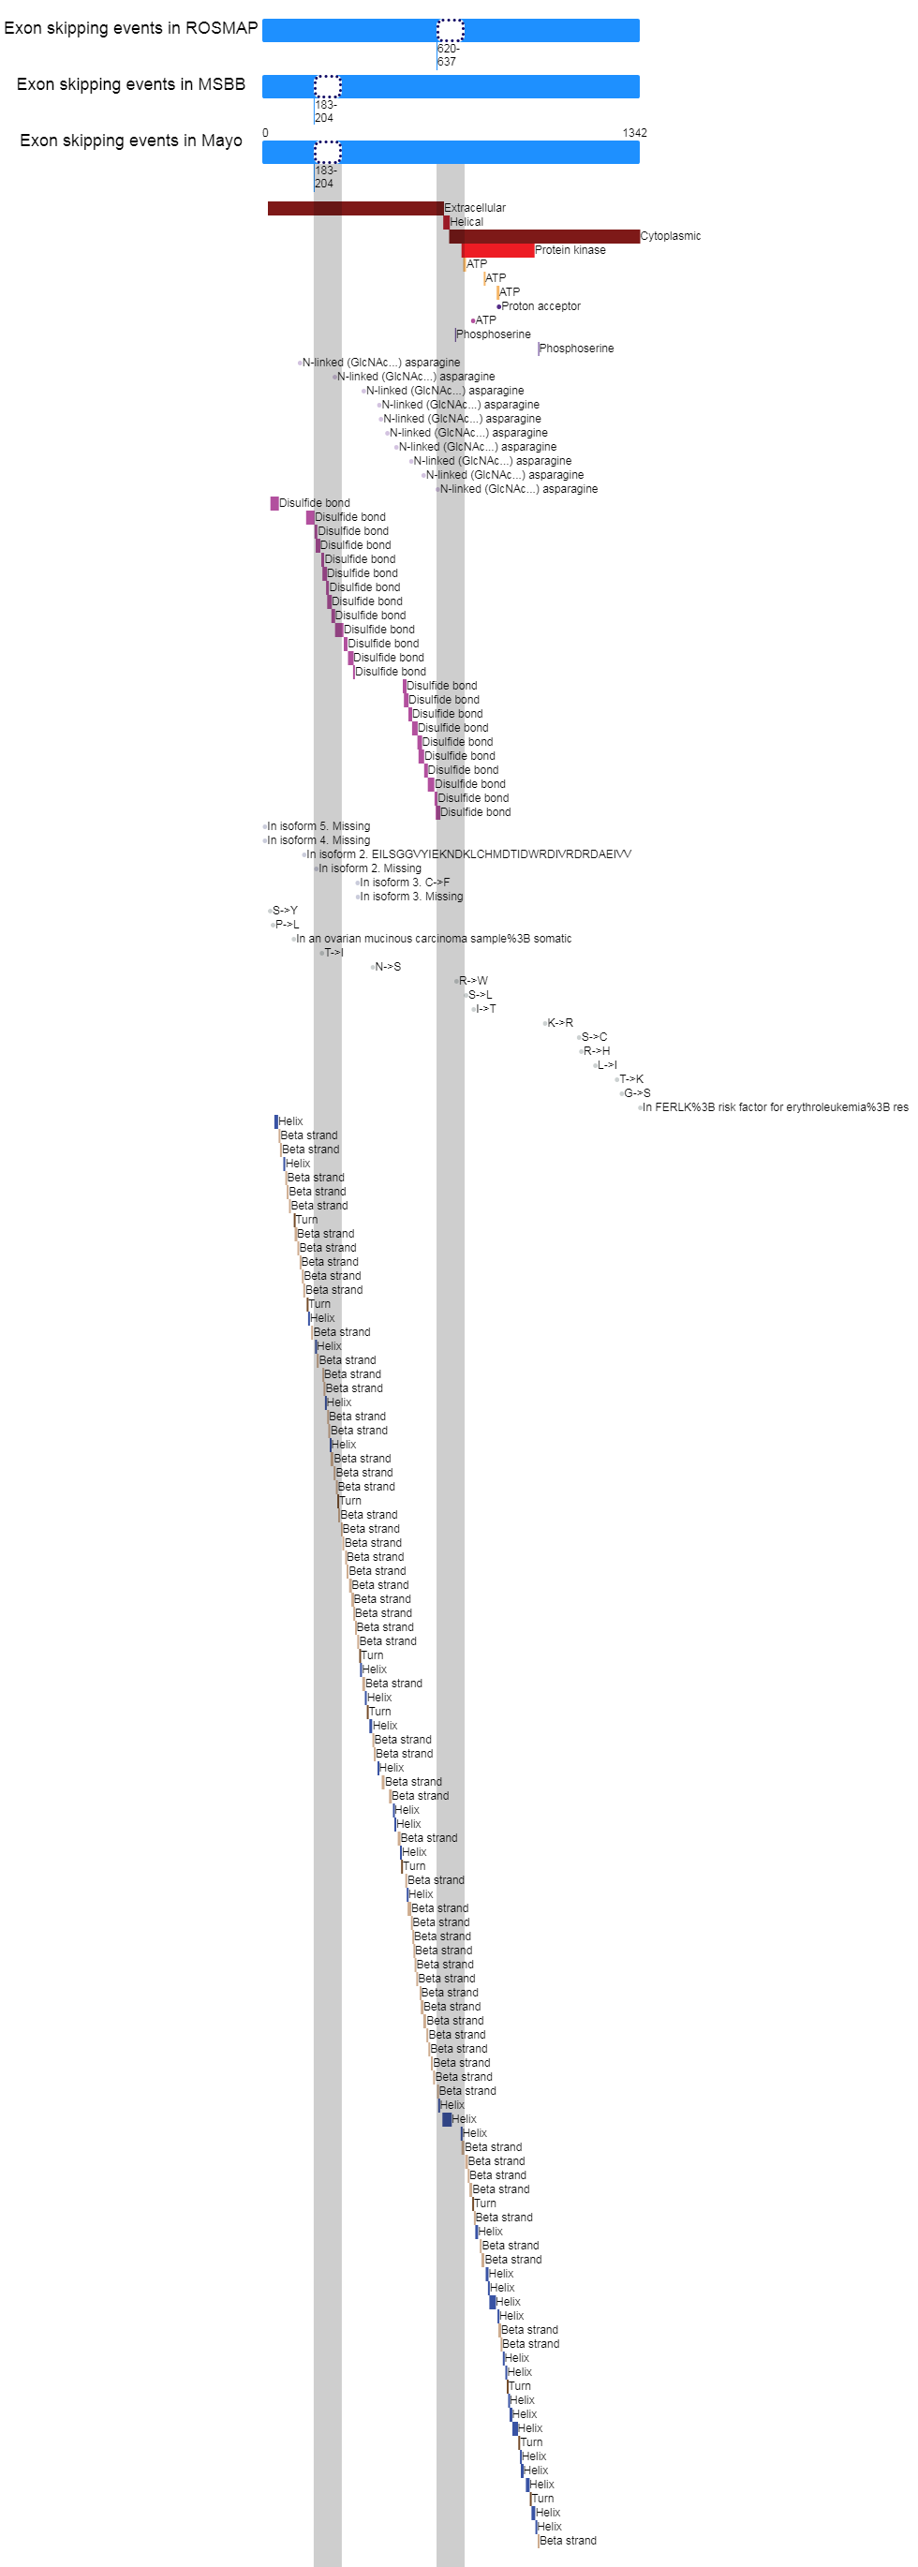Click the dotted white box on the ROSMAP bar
coord(451,30)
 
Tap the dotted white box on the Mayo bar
coord(328,153)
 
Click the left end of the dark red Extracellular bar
coord(268,208)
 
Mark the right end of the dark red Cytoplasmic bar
coord(639,236)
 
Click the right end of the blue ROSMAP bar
coord(639,30)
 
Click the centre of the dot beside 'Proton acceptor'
coord(498,307)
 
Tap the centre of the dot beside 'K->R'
coord(545,1023)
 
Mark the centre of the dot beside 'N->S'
coord(373,967)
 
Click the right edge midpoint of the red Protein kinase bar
coord(533,250)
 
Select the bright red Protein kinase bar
coord(498,250)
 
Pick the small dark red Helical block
coord(447,222)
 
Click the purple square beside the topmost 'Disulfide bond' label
coord(274,503)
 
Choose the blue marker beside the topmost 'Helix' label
coord(276,1121)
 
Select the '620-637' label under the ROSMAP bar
coord(449,55)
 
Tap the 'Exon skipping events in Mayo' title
coord(130,141)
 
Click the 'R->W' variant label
coord(473,982)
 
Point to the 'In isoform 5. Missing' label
coord(318,826)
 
